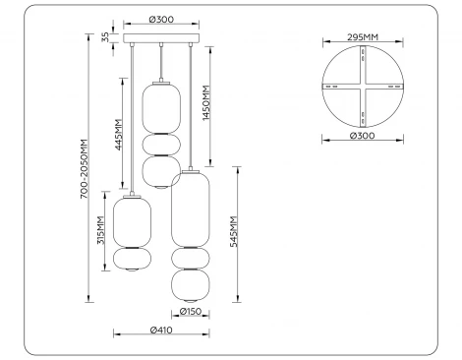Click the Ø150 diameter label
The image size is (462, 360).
192,313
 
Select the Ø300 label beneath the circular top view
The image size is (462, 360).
363,136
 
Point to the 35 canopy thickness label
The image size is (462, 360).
106,38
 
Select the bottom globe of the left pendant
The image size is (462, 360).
132,262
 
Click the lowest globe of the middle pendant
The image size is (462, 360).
160,171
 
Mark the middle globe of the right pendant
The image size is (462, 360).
191,259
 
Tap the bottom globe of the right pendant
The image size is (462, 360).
191,286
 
